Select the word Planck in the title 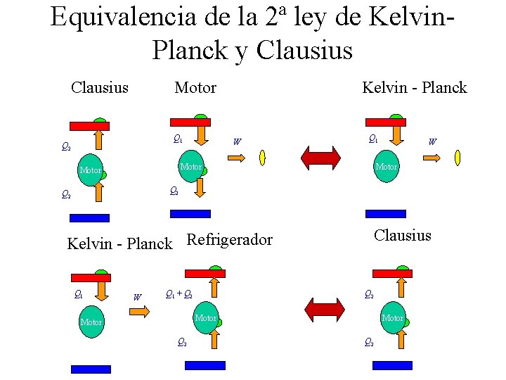point(188,50)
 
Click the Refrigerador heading point(230,240)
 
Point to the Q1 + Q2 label point(179,294)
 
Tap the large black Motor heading point(195,88)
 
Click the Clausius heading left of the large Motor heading point(100,88)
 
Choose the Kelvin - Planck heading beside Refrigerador point(119,244)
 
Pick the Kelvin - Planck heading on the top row point(414,88)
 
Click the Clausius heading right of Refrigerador point(403,236)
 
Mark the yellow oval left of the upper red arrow point(262,157)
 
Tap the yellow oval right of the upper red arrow point(458,157)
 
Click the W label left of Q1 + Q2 point(137,297)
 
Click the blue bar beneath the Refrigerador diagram point(205,365)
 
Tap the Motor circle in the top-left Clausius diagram point(91,170)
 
